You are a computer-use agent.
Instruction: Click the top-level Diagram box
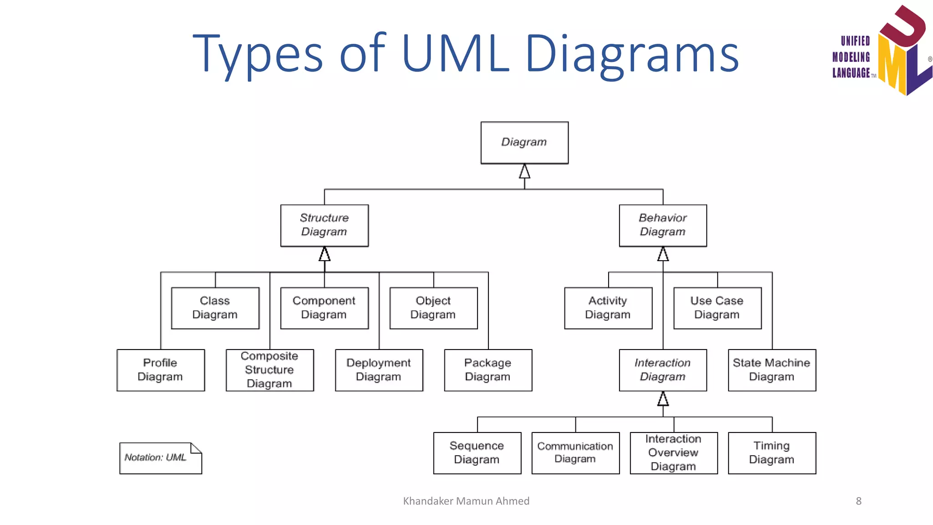524,142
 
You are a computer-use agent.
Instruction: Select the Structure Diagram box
324,225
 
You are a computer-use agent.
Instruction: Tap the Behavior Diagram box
663,225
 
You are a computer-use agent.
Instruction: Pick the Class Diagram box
215,308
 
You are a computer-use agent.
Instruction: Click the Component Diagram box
324,308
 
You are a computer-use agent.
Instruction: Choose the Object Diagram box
433,308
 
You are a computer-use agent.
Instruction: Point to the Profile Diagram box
160,370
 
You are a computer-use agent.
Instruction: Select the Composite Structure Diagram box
270,370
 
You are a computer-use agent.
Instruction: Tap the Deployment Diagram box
379,370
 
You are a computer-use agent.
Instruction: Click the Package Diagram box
488,370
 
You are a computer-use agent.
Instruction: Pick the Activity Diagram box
608,308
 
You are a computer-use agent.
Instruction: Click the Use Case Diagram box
718,308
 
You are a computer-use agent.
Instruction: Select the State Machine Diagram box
772,370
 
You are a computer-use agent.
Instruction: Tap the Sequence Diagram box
477,453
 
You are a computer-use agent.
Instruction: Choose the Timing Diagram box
772,453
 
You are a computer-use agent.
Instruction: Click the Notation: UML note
160,458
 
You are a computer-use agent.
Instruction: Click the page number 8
858,501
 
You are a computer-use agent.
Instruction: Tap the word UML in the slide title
455,54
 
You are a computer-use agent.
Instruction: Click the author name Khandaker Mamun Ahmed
466,501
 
